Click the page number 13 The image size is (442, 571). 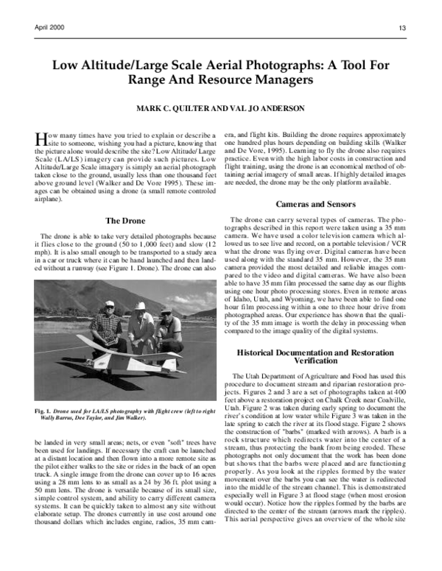pyautogui.click(x=403, y=28)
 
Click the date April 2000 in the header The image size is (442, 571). pyautogui.click(x=49, y=27)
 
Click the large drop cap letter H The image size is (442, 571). pyautogui.click(x=41, y=141)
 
